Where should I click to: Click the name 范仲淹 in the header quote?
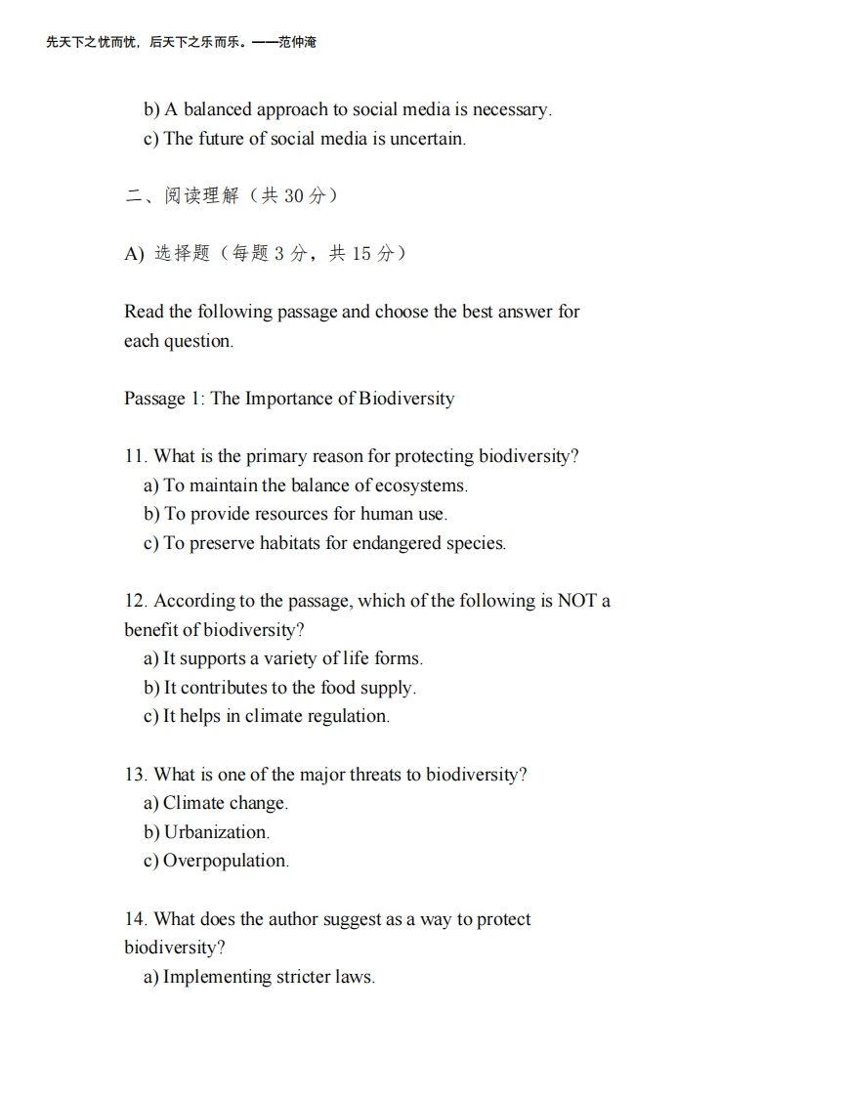tap(297, 42)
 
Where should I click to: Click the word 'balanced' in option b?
tap(218, 109)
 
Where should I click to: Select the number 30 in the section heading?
tap(294, 196)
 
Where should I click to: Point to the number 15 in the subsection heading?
tap(361, 254)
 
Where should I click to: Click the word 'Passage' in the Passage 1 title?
tap(154, 399)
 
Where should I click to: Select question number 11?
tap(135, 456)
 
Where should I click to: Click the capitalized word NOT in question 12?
tap(576, 601)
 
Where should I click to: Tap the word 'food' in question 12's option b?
tap(338, 688)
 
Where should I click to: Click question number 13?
tap(135, 775)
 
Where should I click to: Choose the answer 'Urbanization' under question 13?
tap(217, 832)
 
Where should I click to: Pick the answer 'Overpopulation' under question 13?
tap(226, 861)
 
